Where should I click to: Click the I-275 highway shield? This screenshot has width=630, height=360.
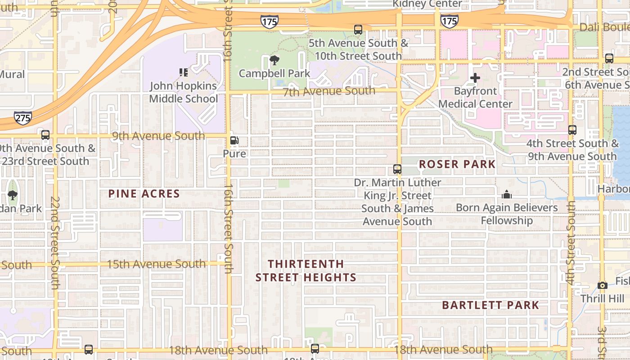coord(22,118)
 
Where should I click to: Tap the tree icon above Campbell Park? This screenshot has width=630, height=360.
coord(274,60)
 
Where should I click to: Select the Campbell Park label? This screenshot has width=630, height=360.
coord(274,73)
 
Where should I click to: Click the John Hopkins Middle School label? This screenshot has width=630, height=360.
coord(184,92)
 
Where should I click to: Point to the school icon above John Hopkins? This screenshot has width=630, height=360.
coord(184,72)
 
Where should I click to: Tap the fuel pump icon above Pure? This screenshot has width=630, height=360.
coord(234,140)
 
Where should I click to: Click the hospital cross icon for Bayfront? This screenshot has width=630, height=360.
coord(475,78)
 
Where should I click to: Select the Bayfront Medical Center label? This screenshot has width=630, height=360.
coord(475,97)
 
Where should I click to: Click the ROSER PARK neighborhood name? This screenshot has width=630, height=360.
coord(457,164)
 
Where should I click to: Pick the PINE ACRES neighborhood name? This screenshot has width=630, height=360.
coord(144,194)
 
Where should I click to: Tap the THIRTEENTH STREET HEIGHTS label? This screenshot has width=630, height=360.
coord(306,271)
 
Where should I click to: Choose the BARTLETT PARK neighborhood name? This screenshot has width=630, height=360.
coord(490,305)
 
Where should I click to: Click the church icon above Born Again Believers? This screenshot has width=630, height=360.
coord(507,195)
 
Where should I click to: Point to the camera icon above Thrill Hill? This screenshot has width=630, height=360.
coord(602,285)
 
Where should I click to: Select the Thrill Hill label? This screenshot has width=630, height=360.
coord(602,298)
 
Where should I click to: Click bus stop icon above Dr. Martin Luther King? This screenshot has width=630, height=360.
coord(397,169)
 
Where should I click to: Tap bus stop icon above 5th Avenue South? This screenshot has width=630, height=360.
coord(358,30)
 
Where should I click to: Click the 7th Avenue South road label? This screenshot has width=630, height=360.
coord(329,91)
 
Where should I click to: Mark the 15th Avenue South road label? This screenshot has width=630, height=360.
coord(156,264)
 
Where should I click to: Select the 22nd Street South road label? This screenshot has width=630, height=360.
coord(55,243)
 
